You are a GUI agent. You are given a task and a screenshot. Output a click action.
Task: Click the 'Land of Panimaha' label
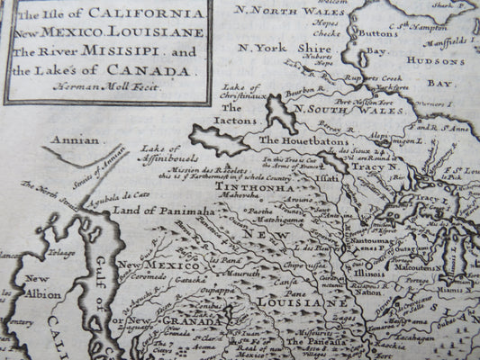pyautogui.click(x=151, y=210)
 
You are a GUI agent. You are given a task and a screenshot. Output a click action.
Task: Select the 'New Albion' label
pyautogui.click(x=39, y=285)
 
